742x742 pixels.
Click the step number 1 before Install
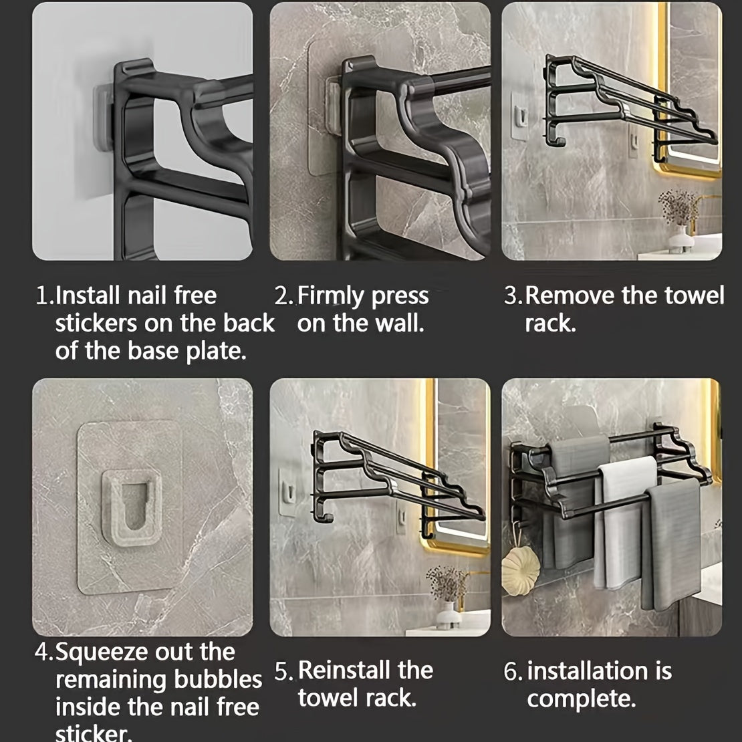point(42,295)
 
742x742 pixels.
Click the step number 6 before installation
point(511,671)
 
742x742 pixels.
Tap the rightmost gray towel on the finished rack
point(671,541)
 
